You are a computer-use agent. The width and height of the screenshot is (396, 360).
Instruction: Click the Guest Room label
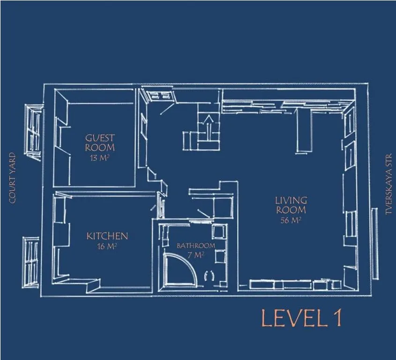tap(100, 143)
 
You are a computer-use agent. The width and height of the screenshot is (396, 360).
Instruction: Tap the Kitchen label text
tap(107, 236)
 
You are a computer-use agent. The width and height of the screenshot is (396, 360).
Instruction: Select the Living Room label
tap(291, 205)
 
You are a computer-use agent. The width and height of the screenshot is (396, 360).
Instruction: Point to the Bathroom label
tap(196, 246)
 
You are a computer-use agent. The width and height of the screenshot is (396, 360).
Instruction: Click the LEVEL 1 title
tap(301, 318)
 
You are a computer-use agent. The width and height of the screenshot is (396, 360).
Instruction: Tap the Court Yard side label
tap(12, 178)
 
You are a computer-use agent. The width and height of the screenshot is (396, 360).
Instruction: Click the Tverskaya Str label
tap(389, 185)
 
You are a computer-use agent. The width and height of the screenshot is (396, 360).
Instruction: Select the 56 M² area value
tap(291, 220)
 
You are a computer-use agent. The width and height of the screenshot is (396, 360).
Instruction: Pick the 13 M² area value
tap(99, 158)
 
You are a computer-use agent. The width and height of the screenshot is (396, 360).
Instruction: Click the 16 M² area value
tap(107, 246)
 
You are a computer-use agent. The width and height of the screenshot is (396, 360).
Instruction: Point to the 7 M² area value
tap(196, 255)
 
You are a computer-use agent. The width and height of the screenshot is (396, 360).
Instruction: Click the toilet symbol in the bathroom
tap(209, 275)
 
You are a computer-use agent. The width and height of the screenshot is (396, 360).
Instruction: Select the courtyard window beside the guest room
tap(33, 133)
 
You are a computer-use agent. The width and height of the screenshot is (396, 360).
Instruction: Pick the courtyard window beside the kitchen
tap(31, 262)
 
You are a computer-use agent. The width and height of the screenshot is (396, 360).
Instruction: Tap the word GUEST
tap(100, 138)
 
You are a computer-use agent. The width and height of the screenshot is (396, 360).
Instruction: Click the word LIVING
tap(291, 200)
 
